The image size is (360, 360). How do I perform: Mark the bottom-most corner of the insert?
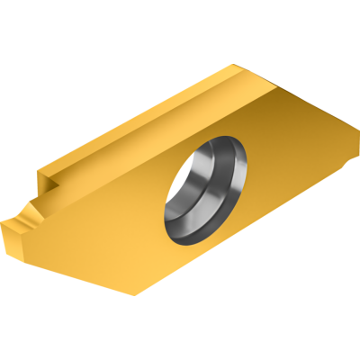(135, 295)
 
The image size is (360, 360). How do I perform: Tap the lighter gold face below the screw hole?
(135, 243)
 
